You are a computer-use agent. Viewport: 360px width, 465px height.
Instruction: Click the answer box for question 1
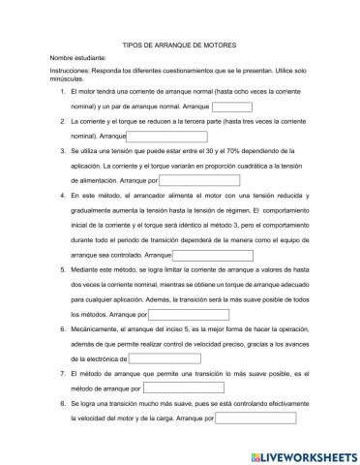230,107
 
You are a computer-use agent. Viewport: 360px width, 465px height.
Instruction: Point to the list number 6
63,329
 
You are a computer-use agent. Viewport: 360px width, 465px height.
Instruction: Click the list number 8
63,403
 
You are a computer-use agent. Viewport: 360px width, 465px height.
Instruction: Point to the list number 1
63,92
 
